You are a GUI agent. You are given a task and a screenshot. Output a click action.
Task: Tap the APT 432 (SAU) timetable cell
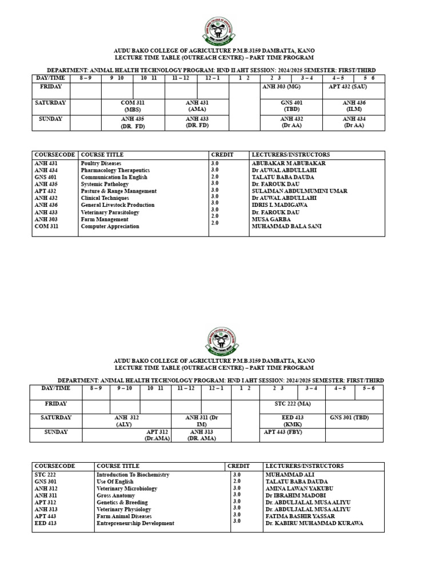click(348, 86)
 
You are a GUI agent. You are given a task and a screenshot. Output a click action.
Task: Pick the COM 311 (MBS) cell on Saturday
click(132, 106)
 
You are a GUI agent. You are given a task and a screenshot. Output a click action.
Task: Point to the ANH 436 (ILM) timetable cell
click(353, 106)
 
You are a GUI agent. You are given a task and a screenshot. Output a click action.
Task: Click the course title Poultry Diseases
click(101, 163)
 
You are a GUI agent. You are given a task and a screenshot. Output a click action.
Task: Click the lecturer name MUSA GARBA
click(271, 219)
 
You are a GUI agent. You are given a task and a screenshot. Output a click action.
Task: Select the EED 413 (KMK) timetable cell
click(292, 421)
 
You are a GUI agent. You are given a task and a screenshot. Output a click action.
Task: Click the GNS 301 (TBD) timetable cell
click(349, 418)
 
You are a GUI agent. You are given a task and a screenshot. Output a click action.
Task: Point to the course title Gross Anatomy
click(115, 496)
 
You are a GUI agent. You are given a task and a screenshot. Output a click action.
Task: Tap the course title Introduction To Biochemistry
click(133, 475)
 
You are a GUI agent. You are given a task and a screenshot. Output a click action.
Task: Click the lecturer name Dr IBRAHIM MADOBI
click(295, 496)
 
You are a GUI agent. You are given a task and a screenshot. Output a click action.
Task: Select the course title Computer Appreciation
click(110, 226)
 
